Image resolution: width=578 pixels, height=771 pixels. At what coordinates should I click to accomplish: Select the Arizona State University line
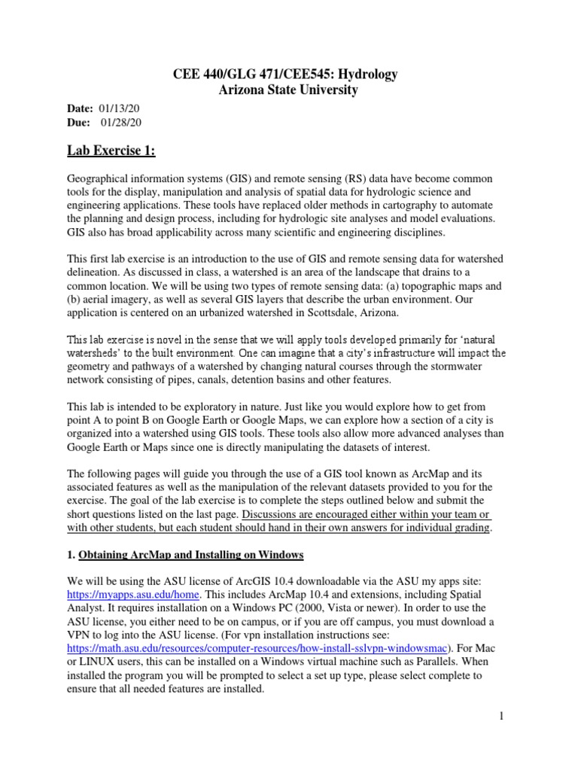click(288, 90)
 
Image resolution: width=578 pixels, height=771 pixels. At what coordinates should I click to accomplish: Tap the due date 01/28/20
click(120, 123)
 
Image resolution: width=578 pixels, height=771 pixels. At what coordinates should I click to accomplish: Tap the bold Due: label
click(79, 123)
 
